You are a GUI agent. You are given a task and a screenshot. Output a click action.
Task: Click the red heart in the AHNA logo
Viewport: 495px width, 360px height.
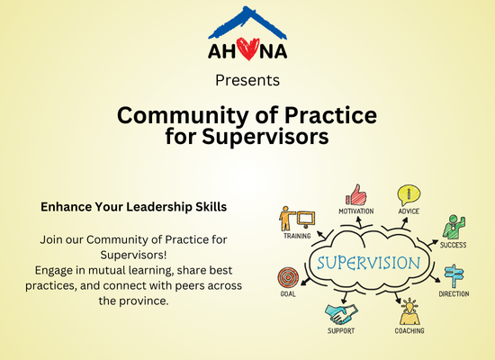[x=247, y=49]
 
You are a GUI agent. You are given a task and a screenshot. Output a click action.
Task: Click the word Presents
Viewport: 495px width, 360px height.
[x=247, y=80]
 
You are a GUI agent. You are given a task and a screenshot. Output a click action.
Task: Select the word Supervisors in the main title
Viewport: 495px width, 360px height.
[x=265, y=137]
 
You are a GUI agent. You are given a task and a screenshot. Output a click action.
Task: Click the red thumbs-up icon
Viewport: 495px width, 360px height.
[x=356, y=194]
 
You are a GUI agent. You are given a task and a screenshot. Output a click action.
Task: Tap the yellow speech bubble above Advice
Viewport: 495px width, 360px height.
[x=409, y=195]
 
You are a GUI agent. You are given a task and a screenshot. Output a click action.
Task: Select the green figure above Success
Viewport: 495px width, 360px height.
[x=454, y=227]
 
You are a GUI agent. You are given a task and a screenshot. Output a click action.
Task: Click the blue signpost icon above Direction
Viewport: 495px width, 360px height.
[x=454, y=276]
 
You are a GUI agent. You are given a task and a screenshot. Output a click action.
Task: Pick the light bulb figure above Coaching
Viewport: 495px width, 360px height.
[x=409, y=311]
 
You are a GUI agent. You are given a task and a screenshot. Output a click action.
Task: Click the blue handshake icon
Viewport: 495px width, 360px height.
[x=341, y=313]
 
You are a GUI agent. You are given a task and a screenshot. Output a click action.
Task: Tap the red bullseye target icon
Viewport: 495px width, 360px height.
[x=288, y=277]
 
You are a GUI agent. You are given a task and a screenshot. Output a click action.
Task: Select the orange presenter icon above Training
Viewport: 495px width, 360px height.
[x=297, y=219]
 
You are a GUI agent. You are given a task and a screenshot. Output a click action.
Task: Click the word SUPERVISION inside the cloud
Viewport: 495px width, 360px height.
[x=369, y=263]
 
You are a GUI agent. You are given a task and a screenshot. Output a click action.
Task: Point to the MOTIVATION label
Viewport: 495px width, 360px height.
[x=356, y=211]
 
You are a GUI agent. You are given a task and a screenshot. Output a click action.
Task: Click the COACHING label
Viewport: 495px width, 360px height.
[x=409, y=331]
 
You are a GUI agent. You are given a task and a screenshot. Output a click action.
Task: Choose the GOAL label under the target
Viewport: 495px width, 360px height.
[x=288, y=294]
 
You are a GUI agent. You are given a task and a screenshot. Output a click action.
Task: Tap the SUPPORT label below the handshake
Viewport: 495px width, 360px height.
[x=341, y=331]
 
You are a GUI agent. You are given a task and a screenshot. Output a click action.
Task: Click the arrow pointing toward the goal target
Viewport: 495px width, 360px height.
[x=305, y=282]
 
